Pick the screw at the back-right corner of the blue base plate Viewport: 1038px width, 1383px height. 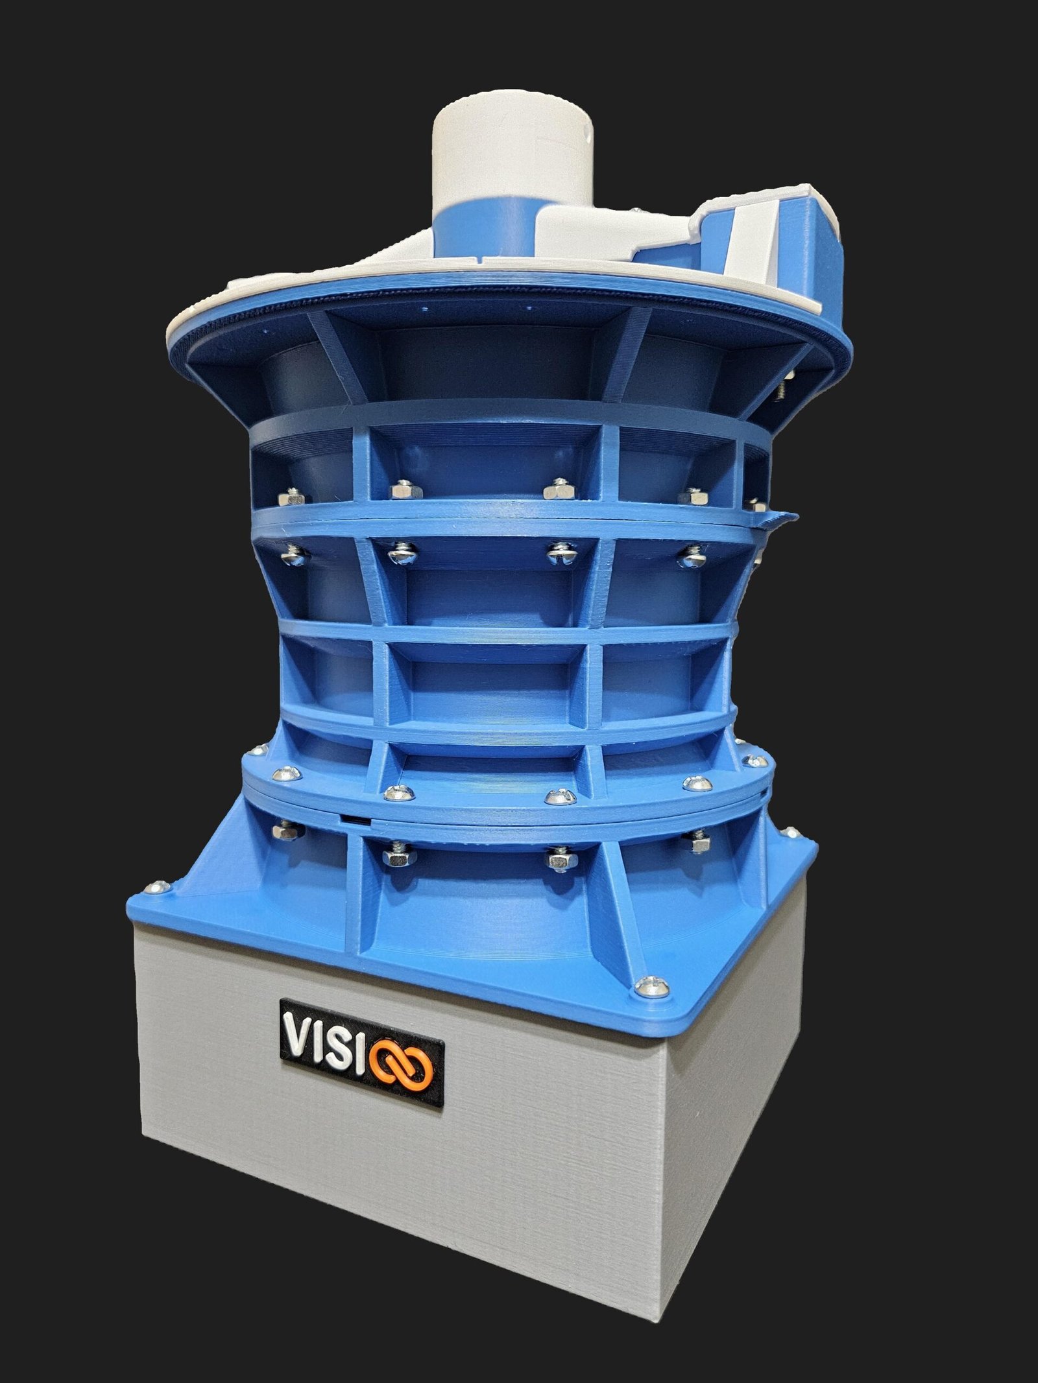pos(791,831)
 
